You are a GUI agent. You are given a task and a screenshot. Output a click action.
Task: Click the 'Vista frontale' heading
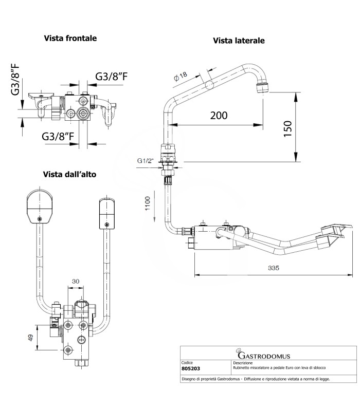[x=70, y=38]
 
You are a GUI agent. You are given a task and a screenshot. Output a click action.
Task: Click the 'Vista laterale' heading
[x=239, y=41]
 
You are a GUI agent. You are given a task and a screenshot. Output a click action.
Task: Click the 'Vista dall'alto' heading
[x=69, y=174]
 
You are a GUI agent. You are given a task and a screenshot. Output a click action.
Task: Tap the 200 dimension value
[x=219, y=115]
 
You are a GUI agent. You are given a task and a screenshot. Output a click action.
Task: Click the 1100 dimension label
[x=147, y=206]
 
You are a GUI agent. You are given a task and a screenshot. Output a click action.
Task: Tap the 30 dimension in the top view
[x=76, y=281]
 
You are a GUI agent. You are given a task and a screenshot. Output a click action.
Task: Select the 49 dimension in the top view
[x=31, y=338]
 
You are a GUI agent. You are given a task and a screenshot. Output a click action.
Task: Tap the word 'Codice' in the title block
[x=188, y=362]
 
